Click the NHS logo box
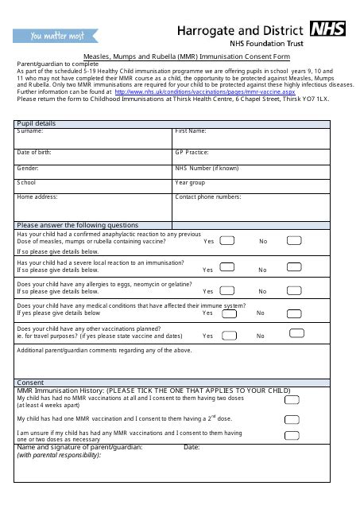coord(328,29)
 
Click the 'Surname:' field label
coord(31,130)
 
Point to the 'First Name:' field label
coord(191,130)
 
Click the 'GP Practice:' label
coord(192,151)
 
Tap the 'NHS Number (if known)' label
coord(206,168)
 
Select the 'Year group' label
coord(190,182)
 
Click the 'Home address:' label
coord(37,196)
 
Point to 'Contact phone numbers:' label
coord(207,196)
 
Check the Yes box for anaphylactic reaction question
coord(227,240)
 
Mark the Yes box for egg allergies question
coord(227,290)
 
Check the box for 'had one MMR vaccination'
coord(292,418)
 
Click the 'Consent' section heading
coord(31,383)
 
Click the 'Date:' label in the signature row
coord(192,448)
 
